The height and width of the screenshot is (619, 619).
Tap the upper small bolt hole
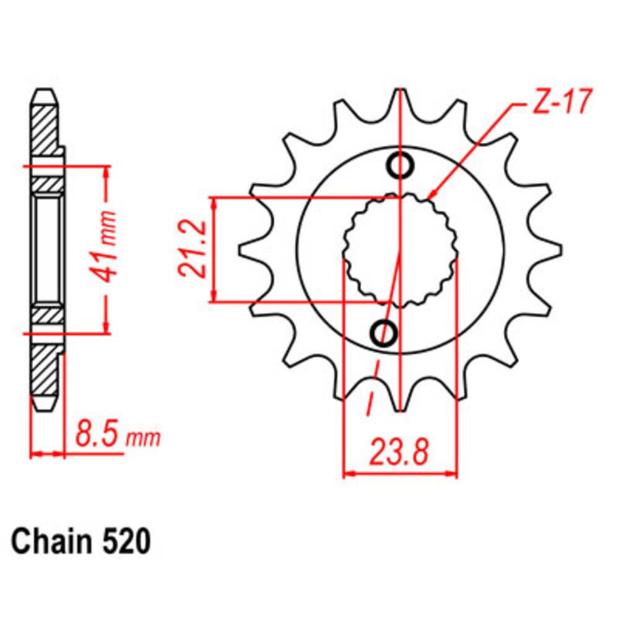401,165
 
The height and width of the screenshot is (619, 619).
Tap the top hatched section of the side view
46,133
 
